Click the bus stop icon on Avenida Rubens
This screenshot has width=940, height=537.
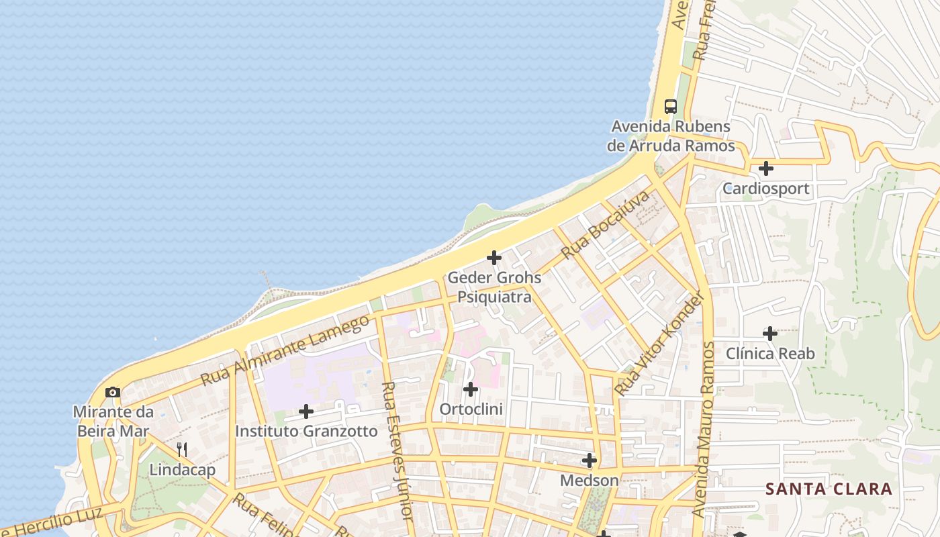(x=670, y=106)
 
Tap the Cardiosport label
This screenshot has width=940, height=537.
(x=765, y=189)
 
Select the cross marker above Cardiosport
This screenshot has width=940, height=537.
(x=765, y=168)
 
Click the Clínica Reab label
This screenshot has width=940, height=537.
(x=770, y=353)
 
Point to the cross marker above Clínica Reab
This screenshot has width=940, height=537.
(x=770, y=333)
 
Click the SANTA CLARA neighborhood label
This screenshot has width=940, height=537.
(x=829, y=489)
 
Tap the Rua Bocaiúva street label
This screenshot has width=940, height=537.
(x=606, y=224)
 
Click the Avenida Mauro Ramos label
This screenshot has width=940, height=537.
(x=704, y=430)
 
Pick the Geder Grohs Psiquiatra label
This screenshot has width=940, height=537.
(x=494, y=287)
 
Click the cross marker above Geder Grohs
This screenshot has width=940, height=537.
(x=494, y=257)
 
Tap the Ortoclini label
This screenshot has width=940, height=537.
(x=471, y=409)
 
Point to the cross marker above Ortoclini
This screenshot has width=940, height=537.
(x=471, y=389)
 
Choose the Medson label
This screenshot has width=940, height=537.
(x=589, y=481)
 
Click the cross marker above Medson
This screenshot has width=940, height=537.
(x=589, y=460)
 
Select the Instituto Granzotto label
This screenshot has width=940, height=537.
(x=306, y=431)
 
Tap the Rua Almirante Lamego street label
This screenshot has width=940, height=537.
(x=285, y=350)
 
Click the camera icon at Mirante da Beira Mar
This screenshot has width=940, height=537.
(x=113, y=392)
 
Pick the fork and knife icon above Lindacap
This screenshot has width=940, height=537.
(x=181, y=449)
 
